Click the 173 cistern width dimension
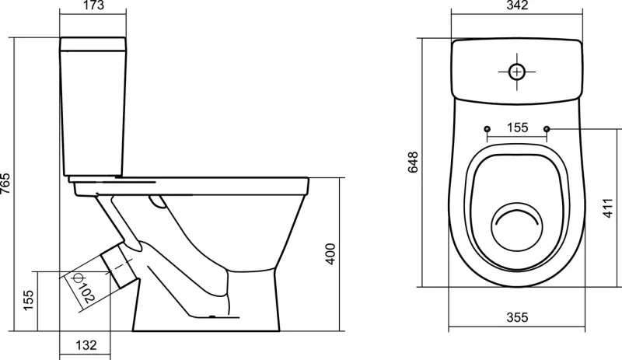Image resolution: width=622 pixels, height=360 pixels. pos(94,5)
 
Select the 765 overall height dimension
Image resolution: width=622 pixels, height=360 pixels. pos(5,183)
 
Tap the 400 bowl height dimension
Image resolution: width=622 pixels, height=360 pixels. pos(330,254)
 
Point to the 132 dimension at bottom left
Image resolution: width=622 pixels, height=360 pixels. pos(86,345)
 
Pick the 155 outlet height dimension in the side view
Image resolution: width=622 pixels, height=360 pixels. pos(28,300)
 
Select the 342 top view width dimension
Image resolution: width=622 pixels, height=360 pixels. pos(518,5)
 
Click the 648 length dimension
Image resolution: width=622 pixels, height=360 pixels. pos(413,162)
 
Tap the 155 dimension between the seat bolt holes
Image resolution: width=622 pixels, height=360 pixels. pos(518,128)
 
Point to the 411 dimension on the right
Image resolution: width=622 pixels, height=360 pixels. pos(608,208)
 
